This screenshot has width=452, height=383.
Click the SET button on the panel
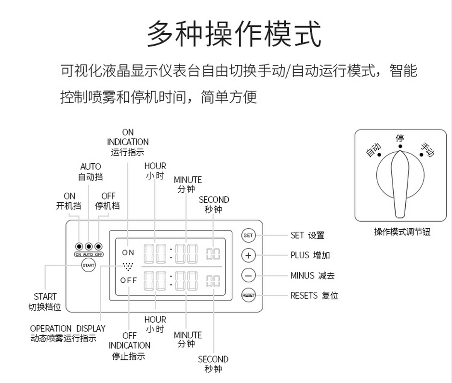[248, 236]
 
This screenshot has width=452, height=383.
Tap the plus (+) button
[248, 255]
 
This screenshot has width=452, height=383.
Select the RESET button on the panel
[248, 295]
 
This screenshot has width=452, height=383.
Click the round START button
[88, 264]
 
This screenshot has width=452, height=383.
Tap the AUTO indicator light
[88, 247]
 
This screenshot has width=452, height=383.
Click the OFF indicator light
[99, 247]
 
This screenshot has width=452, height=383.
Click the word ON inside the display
[128, 252]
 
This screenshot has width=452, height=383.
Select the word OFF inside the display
[129, 280]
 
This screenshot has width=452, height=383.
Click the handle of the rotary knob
[399, 183]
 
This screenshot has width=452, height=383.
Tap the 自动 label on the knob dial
[373, 150]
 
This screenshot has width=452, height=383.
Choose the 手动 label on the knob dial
[427, 150]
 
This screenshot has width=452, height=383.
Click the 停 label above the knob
[399, 139]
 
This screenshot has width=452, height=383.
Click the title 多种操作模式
[234, 34]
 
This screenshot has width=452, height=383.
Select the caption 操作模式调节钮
[402, 232]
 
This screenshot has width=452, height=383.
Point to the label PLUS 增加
[310, 255]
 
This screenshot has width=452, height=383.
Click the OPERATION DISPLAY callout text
[67, 333]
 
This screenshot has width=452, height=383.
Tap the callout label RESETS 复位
[314, 295]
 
